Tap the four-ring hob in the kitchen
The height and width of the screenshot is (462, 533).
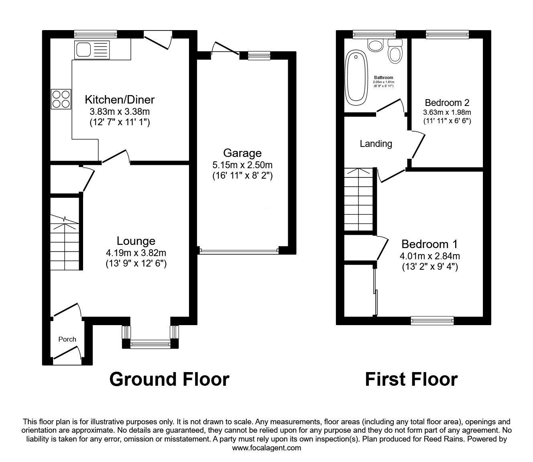[61, 99]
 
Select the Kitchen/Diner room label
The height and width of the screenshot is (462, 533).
[120, 99]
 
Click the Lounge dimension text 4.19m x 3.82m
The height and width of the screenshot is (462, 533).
[136, 253]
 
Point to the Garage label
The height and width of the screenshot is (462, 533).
[242, 153]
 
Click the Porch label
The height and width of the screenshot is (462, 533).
[67, 339]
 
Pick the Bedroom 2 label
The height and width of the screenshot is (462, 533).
[447, 102]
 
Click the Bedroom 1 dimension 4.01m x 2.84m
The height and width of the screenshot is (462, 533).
[429, 256]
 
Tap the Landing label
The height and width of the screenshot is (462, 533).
[376, 144]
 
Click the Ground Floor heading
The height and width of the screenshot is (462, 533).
[169, 379]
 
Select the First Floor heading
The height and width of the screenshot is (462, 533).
[411, 379]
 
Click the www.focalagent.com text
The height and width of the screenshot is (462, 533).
[266, 448]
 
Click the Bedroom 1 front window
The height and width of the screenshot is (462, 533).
[432, 320]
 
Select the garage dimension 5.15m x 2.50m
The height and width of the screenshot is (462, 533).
[242, 165]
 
